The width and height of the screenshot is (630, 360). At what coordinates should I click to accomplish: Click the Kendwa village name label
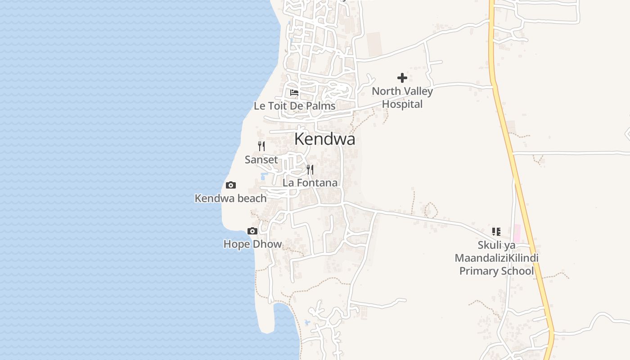(x=324, y=139)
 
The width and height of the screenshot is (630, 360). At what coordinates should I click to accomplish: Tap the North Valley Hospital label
(x=402, y=98)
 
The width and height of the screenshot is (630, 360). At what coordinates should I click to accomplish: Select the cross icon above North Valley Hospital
(x=402, y=78)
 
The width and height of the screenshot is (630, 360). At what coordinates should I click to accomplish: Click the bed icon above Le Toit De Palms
(x=294, y=93)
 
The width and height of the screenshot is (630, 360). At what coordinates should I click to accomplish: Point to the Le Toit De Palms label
(x=294, y=106)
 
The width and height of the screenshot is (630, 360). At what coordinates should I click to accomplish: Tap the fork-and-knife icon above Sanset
(x=261, y=146)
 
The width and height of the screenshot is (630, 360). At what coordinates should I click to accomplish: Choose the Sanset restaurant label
(x=261, y=160)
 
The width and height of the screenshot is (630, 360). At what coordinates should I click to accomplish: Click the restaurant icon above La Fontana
(x=310, y=170)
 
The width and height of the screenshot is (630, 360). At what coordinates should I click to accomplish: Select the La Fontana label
(x=310, y=183)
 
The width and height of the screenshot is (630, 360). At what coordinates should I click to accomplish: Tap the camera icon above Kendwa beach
(x=231, y=185)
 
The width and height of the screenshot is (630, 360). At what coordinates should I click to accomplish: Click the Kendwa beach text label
(x=230, y=198)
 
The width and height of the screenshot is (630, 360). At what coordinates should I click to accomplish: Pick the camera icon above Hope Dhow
(x=252, y=231)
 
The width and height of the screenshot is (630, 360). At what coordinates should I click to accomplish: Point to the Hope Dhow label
(x=252, y=244)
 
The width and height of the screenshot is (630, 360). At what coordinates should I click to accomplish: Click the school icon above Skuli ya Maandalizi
(x=496, y=232)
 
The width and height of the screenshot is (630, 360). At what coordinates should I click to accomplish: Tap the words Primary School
(x=496, y=271)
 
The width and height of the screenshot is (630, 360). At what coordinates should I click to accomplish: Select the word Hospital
(x=402, y=104)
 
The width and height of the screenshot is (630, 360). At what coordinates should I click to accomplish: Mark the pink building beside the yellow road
(x=517, y=233)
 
